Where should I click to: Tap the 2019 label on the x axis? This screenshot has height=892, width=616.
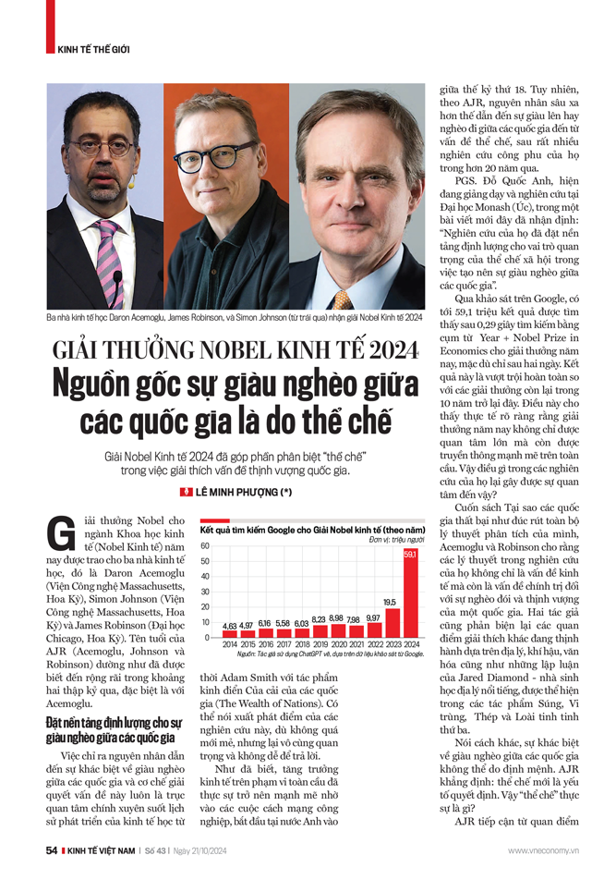tap(318, 643)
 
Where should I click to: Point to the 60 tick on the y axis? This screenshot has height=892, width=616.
tap(206, 546)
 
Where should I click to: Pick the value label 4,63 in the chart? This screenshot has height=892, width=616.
tap(230, 626)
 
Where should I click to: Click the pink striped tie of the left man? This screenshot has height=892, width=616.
tap(108, 250)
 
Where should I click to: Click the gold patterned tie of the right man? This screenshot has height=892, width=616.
tap(343, 299)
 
